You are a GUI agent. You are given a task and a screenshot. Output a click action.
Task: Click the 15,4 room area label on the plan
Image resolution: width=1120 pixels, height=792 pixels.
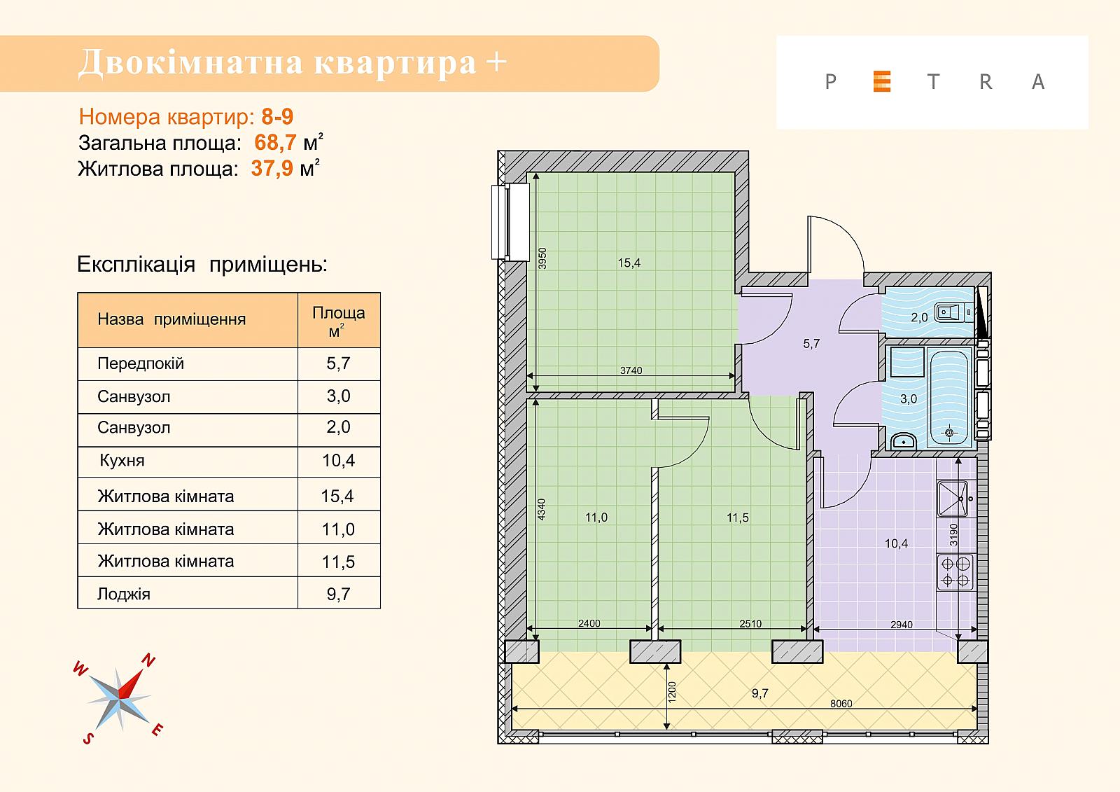[x=629, y=263]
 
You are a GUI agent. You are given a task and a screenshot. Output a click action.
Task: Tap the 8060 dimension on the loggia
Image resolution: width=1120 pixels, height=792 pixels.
[x=841, y=704]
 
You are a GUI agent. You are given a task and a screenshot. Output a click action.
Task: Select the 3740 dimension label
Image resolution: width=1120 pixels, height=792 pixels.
[x=631, y=370]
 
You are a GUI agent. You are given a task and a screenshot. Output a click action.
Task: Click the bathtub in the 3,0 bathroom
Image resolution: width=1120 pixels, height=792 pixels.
[x=948, y=398]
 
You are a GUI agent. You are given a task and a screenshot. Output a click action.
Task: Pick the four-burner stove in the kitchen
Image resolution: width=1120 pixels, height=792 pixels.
[x=955, y=571]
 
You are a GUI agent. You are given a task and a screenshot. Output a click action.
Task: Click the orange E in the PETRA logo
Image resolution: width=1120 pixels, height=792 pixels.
[x=882, y=81]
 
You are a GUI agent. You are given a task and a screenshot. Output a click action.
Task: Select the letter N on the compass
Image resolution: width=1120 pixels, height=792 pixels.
[x=148, y=660]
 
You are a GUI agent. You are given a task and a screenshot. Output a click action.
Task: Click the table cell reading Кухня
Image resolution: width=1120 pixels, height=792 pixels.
[x=122, y=460]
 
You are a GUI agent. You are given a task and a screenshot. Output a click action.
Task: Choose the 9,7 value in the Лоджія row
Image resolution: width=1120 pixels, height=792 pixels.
[x=339, y=594]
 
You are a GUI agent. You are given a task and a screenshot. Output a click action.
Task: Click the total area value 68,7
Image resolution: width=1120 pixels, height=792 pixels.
[x=276, y=143]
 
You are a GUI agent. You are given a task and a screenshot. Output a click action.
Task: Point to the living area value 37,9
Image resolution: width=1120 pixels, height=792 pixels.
[x=272, y=169]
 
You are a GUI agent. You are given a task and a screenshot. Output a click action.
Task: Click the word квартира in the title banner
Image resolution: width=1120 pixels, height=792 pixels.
[x=395, y=63]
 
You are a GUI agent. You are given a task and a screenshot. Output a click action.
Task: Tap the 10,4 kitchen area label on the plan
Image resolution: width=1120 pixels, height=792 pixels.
[x=896, y=543]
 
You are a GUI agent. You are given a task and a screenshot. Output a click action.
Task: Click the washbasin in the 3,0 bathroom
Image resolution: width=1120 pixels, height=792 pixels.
[x=904, y=441]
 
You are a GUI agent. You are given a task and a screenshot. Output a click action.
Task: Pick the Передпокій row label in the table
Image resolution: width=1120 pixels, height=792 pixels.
[x=141, y=363]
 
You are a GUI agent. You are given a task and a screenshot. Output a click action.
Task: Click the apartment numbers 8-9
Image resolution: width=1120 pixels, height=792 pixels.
[x=277, y=116]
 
